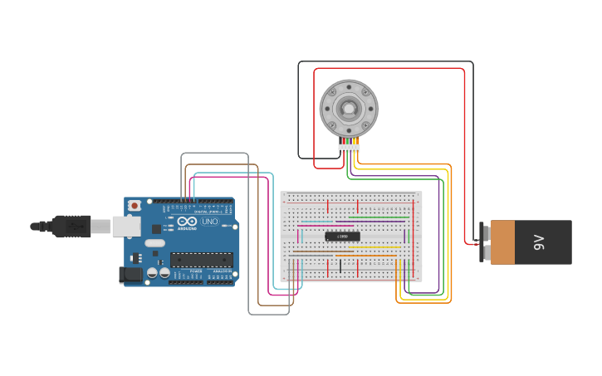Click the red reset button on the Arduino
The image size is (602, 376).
point(135,204)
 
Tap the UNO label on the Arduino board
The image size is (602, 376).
point(210,222)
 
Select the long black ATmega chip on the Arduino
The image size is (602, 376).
point(201,260)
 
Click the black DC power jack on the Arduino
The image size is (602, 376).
point(130,274)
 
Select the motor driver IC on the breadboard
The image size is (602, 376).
point(342,237)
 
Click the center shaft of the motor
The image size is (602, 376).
point(349,108)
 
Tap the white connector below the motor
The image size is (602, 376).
point(349,149)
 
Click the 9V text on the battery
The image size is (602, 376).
point(538,242)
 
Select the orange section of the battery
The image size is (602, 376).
point(502,242)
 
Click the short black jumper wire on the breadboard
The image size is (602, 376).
point(340,266)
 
